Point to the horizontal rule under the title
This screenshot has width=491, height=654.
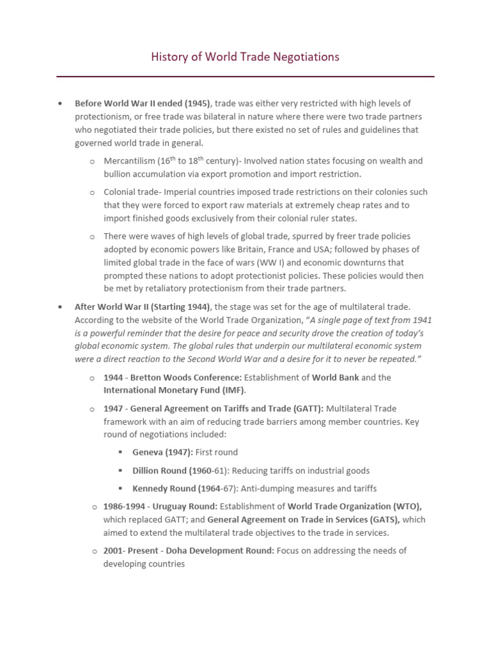pos(245,77)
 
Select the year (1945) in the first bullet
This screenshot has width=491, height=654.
pos(197,103)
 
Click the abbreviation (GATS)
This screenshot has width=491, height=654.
pos(380,520)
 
